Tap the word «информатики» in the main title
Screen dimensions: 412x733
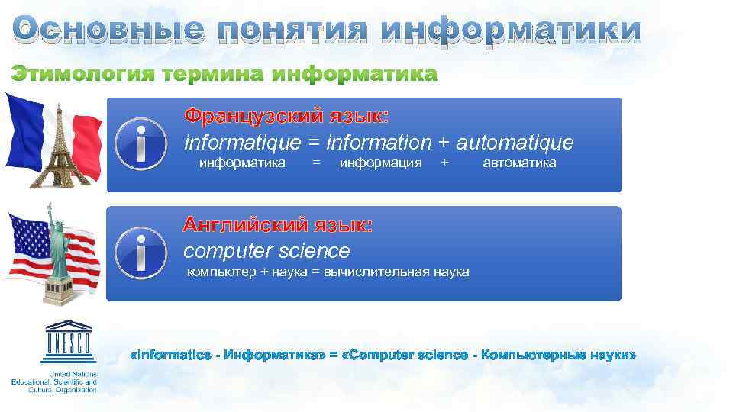(x=510, y=30)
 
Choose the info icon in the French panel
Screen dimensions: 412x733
(x=141, y=143)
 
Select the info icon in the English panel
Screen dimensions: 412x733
(x=141, y=253)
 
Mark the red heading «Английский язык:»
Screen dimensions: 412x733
(x=279, y=225)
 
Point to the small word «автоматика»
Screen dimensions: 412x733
(x=519, y=163)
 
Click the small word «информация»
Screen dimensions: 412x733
(x=380, y=163)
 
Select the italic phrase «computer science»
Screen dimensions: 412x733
(x=266, y=251)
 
